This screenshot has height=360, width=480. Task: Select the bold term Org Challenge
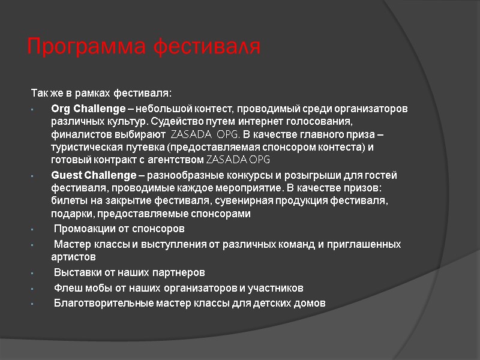pyautogui.click(x=92, y=109)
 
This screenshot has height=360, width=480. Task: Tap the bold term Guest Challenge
pyautogui.click(x=94, y=175)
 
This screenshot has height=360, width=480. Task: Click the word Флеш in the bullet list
pyautogui.click(x=67, y=287)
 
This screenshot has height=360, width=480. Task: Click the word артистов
pyautogui.click(x=73, y=257)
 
